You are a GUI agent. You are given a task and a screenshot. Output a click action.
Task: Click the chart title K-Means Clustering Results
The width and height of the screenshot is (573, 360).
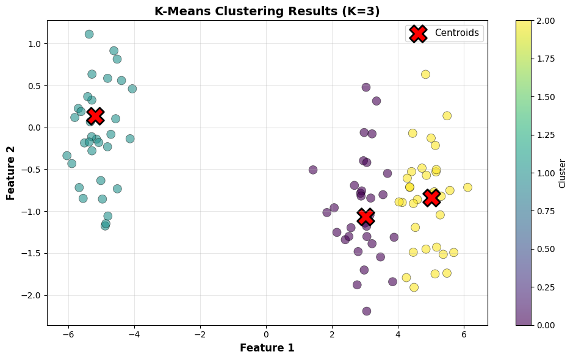pyautogui.click(x=267, y=12)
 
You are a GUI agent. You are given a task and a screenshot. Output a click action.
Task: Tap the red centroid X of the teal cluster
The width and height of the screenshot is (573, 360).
pyautogui.click(x=95, y=115)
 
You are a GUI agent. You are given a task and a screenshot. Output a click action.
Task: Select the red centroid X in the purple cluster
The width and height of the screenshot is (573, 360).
pyautogui.click(x=366, y=217)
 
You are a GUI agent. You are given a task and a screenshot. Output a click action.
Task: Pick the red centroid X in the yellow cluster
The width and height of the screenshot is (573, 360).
pyautogui.click(x=431, y=197)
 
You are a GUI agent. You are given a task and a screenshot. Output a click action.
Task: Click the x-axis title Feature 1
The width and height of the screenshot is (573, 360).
pyautogui.click(x=267, y=348)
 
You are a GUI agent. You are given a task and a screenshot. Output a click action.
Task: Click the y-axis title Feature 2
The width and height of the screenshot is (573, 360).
pyautogui.click(x=12, y=173)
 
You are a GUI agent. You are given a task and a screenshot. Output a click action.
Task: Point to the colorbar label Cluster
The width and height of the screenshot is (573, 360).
pyautogui.click(x=562, y=173)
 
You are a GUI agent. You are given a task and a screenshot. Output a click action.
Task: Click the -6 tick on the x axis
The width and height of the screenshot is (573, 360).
pyautogui.click(x=68, y=334)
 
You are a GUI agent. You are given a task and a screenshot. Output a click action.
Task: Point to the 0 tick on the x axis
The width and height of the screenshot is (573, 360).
pyautogui.click(x=266, y=334)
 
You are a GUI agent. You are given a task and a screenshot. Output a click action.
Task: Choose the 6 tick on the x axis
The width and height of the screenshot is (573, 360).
pyautogui.click(x=464, y=334)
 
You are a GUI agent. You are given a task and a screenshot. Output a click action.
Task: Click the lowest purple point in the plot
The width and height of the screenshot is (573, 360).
pyautogui.click(x=367, y=311)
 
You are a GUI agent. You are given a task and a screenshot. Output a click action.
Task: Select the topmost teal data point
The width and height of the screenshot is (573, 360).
pyautogui.click(x=89, y=34)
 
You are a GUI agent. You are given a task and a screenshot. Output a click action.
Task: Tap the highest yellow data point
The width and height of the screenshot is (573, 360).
pyautogui.click(x=425, y=74)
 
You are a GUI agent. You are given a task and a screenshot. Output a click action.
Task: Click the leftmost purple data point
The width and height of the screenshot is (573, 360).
pyautogui.click(x=313, y=170)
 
